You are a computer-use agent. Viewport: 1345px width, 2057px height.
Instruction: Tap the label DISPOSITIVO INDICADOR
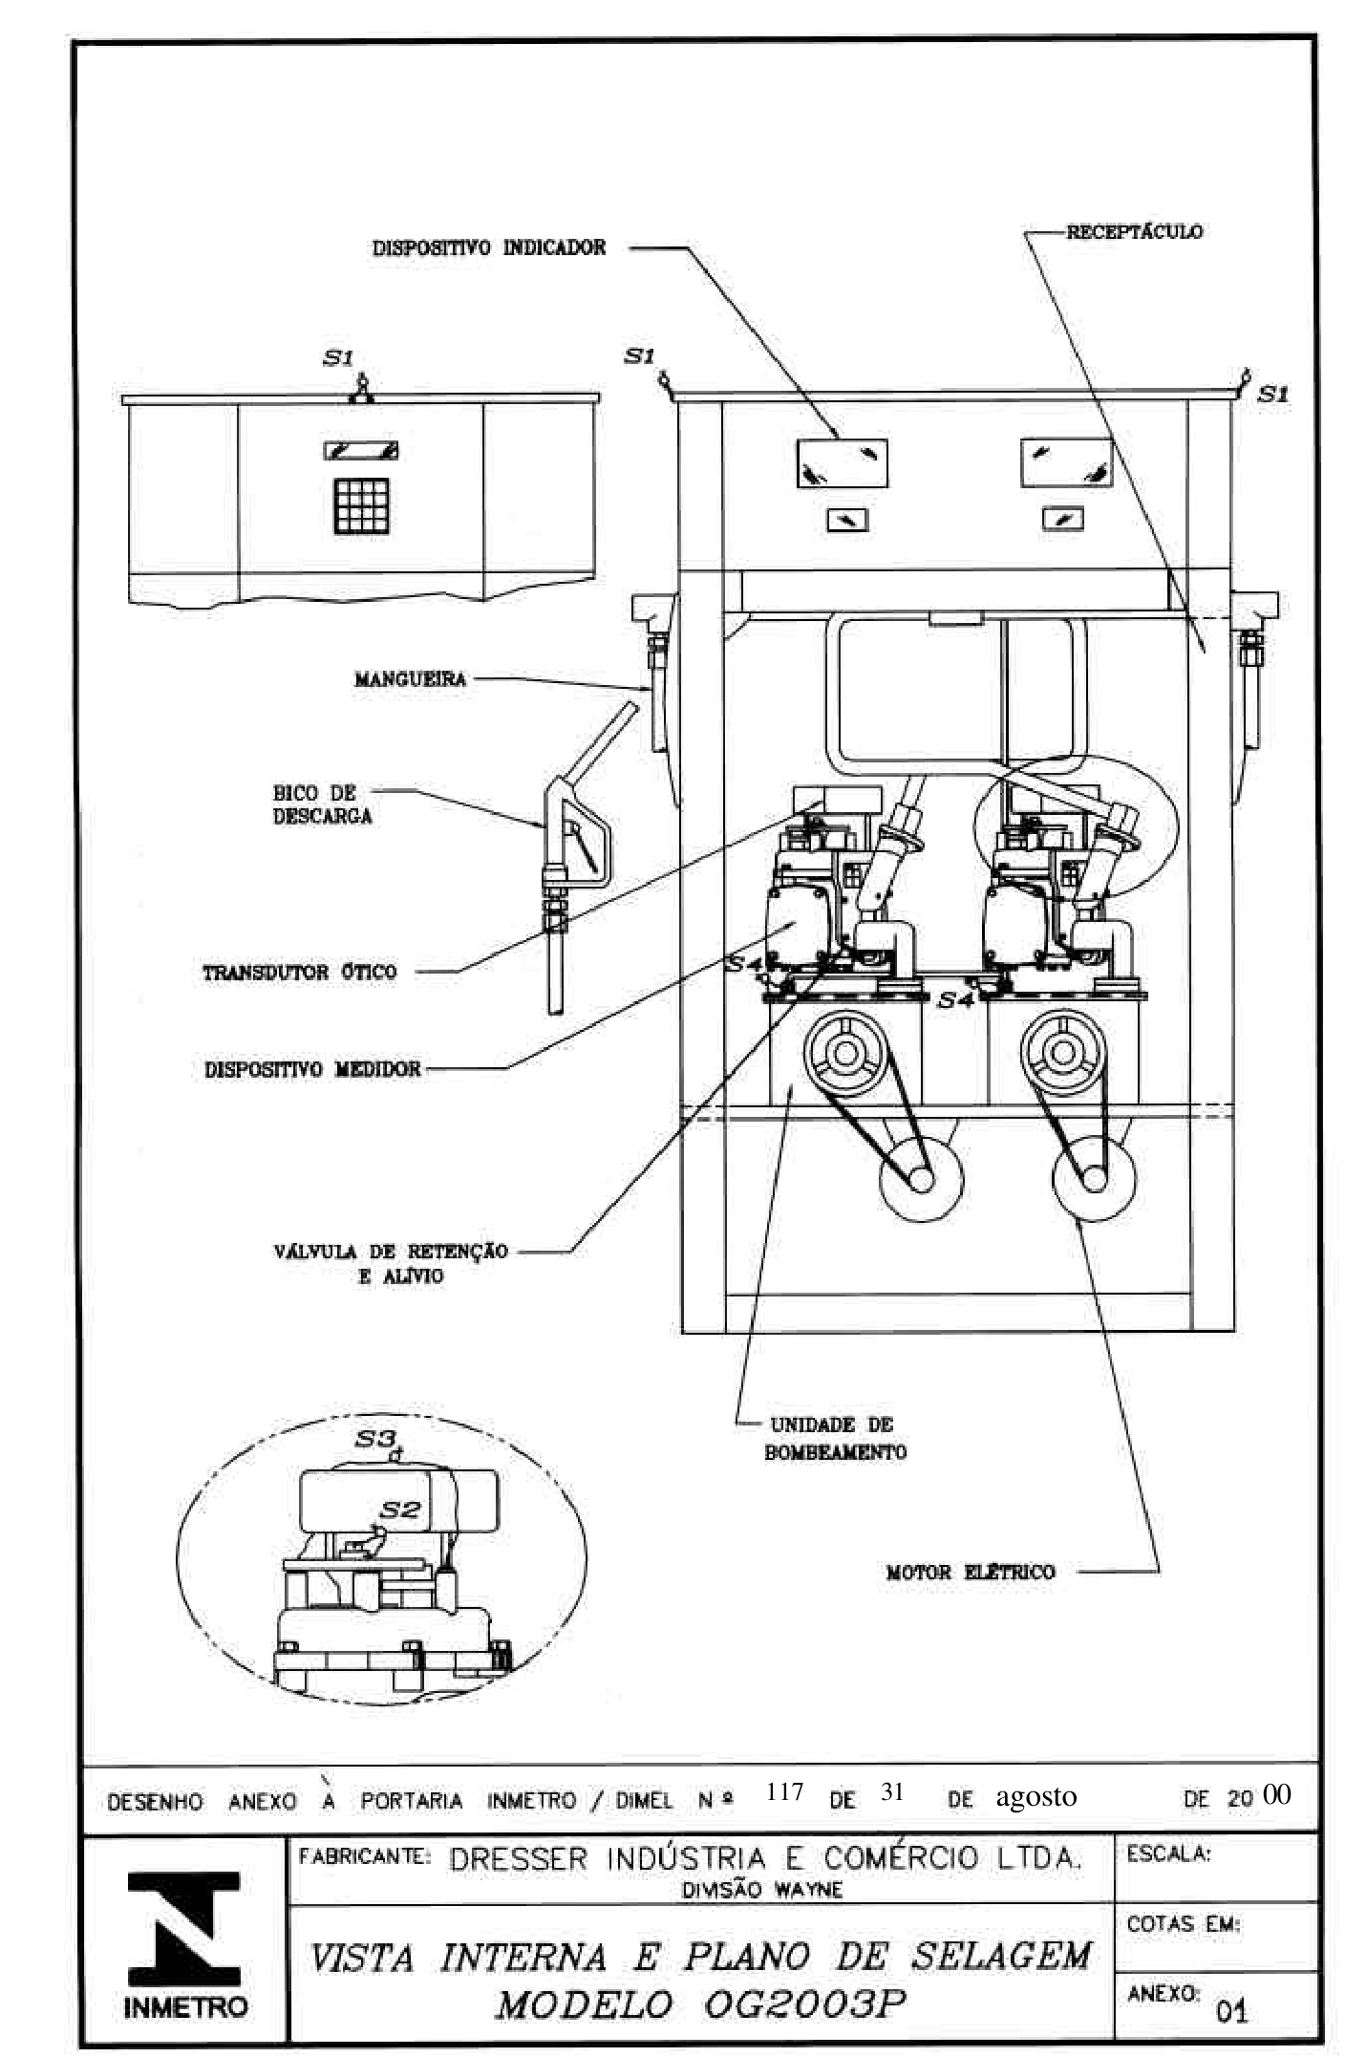point(489,247)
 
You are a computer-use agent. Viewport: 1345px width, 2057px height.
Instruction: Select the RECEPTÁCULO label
point(1134,231)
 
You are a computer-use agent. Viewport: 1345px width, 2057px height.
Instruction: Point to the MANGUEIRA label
point(410,679)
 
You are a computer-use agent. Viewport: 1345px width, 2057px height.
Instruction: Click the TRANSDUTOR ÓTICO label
point(299,972)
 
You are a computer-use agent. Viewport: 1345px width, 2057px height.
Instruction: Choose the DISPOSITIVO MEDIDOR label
point(312,1068)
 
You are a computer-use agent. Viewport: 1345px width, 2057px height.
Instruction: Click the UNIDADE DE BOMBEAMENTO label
point(835,1438)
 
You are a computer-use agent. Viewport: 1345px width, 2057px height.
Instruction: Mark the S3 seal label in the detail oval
point(374,1438)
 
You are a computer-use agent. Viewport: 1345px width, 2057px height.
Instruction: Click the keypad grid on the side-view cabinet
point(361,505)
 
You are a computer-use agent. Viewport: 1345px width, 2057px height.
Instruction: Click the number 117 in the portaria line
point(784,1791)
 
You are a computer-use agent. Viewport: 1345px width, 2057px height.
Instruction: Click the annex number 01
point(1231,2011)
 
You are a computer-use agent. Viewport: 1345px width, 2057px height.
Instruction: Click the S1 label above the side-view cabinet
point(337,357)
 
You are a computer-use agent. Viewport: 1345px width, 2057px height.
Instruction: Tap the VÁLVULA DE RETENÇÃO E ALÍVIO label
point(391,1263)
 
